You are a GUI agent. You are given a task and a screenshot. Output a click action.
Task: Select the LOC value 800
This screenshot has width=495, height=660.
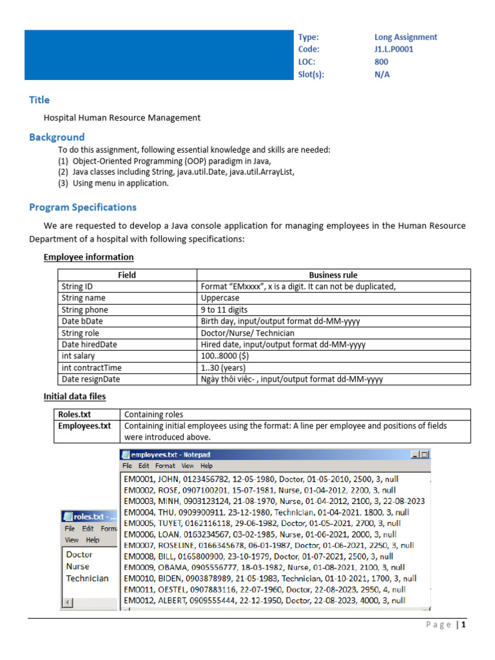point(382,62)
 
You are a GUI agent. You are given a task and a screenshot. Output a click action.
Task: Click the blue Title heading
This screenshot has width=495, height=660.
point(39,100)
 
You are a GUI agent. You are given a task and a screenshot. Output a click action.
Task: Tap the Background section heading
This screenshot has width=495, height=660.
point(57,137)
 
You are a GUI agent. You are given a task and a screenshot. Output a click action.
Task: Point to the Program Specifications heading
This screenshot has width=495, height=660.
point(82,208)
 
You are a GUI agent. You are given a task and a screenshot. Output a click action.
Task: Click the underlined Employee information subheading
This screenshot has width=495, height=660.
point(88,257)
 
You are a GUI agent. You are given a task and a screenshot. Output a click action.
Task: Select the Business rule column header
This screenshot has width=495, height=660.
point(333,275)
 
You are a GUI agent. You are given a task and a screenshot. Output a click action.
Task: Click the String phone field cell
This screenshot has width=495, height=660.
point(84,310)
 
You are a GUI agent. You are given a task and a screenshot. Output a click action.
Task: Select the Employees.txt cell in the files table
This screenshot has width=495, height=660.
point(84,426)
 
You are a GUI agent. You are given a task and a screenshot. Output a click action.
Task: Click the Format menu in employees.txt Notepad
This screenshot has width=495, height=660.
point(165,465)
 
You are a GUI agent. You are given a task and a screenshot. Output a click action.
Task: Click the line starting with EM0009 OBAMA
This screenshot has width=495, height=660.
point(264,567)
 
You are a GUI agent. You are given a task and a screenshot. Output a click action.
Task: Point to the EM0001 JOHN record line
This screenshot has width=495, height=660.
point(258,480)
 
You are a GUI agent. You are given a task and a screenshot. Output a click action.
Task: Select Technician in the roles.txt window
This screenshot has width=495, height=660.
point(87,578)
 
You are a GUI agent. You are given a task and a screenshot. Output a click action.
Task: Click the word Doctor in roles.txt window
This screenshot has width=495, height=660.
point(79,554)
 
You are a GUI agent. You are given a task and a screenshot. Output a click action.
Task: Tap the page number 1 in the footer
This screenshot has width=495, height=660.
point(463,625)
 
